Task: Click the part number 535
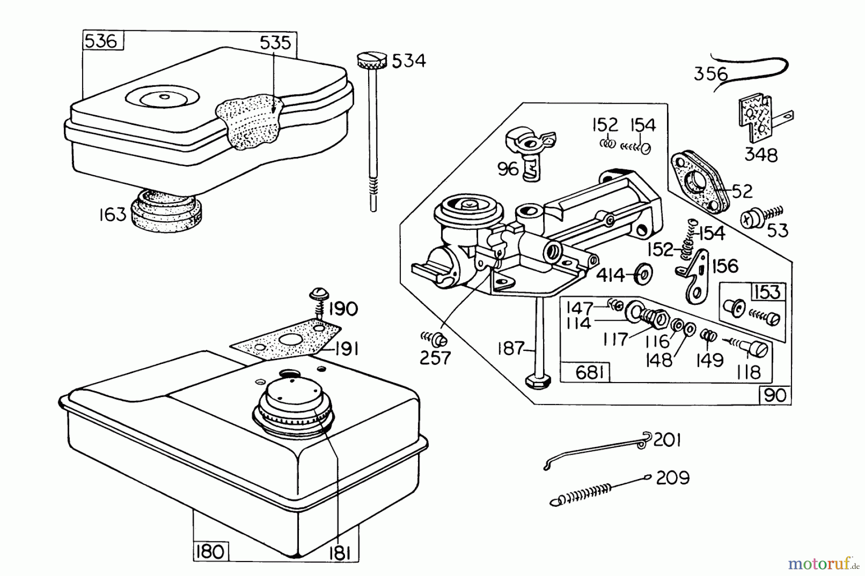pyautogui.click(x=275, y=43)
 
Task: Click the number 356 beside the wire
pyautogui.click(x=710, y=74)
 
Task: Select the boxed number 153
pyautogui.click(x=767, y=292)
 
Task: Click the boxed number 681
pyautogui.click(x=589, y=372)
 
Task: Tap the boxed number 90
pyautogui.click(x=775, y=395)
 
